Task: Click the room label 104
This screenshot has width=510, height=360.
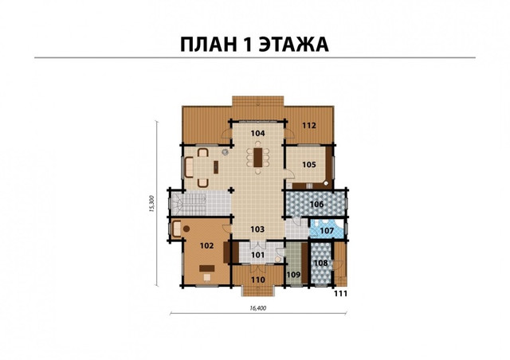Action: click(x=258, y=133)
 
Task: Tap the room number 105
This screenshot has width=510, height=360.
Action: click(x=309, y=165)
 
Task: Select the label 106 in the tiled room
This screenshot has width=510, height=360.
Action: click(x=317, y=204)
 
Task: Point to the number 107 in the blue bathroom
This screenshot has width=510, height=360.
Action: click(x=327, y=230)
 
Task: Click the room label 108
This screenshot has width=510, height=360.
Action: click(x=321, y=263)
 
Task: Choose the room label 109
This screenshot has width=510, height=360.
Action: click(x=294, y=275)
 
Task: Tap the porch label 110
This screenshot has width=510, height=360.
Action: click(x=258, y=280)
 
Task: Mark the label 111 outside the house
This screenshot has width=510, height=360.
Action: click(x=341, y=294)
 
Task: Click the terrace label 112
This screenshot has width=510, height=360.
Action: click(x=309, y=125)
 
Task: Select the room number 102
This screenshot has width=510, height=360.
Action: click(x=207, y=245)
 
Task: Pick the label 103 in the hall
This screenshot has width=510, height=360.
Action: click(x=257, y=229)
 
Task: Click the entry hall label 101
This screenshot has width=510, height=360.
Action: click(x=258, y=255)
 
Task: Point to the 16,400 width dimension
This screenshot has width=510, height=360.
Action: click(x=258, y=308)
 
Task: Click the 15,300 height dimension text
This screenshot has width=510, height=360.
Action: click(x=151, y=204)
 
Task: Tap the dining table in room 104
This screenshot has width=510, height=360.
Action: click(x=258, y=158)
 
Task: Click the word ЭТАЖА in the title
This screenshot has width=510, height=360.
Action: click(x=294, y=45)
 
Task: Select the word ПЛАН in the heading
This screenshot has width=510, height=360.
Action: click(x=209, y=45)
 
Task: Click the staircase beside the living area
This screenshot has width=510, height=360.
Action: click(x=190, y=204)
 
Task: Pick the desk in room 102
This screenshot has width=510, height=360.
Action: click(x=207, y=268)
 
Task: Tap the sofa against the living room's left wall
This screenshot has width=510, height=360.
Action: click(x=189, y=167)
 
